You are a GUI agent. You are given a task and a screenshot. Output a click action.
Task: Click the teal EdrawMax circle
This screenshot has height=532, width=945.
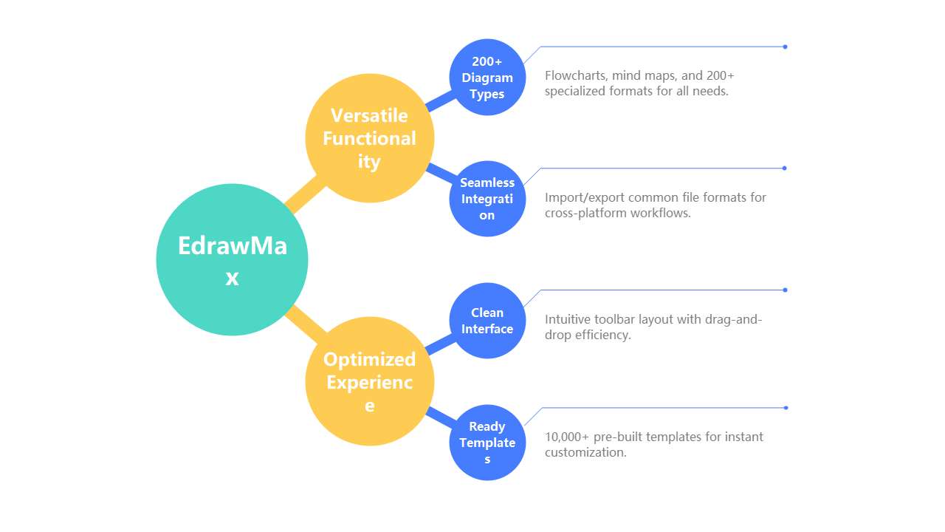pos(232,259)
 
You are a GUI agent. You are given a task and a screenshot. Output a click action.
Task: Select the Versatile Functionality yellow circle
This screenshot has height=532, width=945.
pos(370,138)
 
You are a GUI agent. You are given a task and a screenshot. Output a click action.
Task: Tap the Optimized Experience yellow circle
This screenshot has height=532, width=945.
pos(370,381)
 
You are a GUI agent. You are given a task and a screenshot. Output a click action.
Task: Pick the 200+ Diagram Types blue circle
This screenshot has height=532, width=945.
pos(487,78)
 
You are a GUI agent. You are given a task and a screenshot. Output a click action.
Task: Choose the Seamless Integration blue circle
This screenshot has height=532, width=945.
pos(487,199)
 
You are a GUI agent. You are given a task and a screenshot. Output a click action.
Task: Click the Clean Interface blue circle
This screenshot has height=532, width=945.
pos(487,321)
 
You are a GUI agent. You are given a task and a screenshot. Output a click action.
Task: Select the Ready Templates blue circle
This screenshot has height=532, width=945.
pos(487,443)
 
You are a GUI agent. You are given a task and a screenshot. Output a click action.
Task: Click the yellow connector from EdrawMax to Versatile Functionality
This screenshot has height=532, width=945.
pos(305,195)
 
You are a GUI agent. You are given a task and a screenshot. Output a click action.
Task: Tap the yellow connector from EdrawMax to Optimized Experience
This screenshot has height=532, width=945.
pos(306,324)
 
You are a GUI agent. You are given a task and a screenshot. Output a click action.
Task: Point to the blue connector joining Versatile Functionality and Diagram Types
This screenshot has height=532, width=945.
pos(441,101)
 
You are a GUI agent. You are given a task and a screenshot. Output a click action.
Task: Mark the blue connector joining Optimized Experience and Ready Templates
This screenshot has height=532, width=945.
pos(441,417)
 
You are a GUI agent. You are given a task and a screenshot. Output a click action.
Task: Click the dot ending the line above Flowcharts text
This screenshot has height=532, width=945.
pos(785,47)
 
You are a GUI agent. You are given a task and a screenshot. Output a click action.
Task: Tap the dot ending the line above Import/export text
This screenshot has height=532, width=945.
pos(785,168)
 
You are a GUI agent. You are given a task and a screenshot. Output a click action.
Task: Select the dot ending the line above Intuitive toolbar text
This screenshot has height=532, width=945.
pos(785,290)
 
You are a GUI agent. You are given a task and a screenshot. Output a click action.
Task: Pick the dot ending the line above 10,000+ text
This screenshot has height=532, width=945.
pos(786,408)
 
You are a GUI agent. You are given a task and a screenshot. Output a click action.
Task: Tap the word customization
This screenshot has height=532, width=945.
pos(585,453)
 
